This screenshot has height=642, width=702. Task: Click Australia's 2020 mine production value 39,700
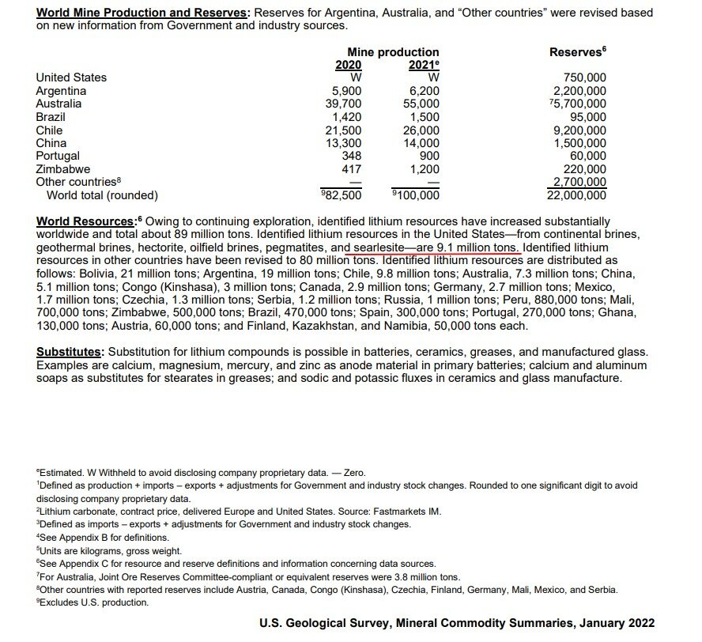pyautogui.click(x=344, y=104)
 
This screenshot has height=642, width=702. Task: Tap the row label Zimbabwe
pyautogui.click(x=63, y=169)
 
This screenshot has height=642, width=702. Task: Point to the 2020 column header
pyautogui.click(x=348, y=65)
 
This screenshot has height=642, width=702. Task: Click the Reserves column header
pyautogui.click(x=576, y=51)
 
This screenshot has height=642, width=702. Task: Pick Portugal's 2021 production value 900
pyautogui.click(x=429, y=157)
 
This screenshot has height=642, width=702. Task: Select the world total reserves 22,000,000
pyautogui.click(x=576, y=195)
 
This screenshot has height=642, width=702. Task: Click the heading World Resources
pyautogui.click(x=86, y=221)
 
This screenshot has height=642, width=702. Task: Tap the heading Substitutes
pyautogui.click(x=70, y=352)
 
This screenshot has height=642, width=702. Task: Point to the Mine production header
pyautogui.click(x=393, y=52)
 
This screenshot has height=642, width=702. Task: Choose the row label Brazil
pyautogui.click(x=51, y=117)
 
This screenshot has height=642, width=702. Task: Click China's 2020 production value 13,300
pyautogui.click(x=344, y=143)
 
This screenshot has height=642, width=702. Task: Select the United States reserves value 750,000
pyautogui.click(x=585, y=77)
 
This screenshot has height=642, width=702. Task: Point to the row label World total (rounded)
pyautogui.click(x=102, y=195)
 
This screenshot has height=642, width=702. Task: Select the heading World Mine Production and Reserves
pyautogui.click(x=142, y=13)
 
